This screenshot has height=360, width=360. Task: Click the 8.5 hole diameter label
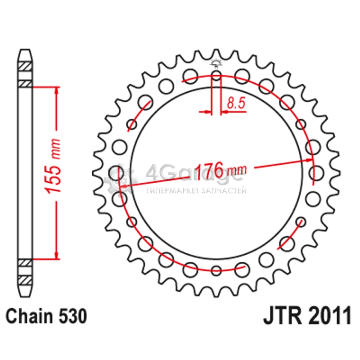pos(236,103)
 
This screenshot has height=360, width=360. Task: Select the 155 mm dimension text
pos(53,166)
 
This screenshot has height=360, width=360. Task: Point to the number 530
pos(73,316)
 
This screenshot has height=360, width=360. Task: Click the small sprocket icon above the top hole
pos(216,63)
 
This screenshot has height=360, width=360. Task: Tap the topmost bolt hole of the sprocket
pos(216,76)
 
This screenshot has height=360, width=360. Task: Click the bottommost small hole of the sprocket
pos(216,270)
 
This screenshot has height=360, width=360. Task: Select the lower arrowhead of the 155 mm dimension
pos(57,255)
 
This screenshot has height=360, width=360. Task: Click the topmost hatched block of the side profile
pos(25,66)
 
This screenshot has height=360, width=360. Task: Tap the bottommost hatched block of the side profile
pos(25,280)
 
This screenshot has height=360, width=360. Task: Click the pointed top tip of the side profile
pos(25,50)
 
